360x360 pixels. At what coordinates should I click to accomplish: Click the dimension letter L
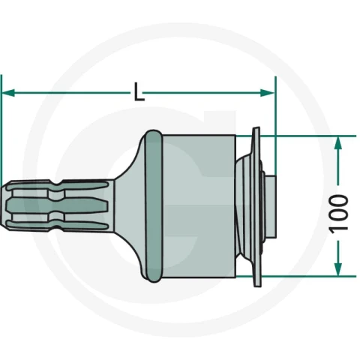coord(139,91)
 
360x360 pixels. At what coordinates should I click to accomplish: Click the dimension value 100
coord(338,214)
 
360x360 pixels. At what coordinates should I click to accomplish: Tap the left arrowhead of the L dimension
coord(8,93)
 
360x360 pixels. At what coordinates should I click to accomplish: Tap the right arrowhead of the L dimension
coord(267,93)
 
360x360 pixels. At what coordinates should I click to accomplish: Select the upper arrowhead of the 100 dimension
coord(338,143)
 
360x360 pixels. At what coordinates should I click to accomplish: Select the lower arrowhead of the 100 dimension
coord(338,269)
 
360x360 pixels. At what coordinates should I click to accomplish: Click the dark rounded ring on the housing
coord(154,206)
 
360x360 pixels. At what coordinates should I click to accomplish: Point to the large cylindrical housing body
coord(199,206)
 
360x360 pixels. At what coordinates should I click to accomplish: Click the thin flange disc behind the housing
coord(256,206)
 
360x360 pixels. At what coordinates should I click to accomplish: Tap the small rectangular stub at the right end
coord(271,207)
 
